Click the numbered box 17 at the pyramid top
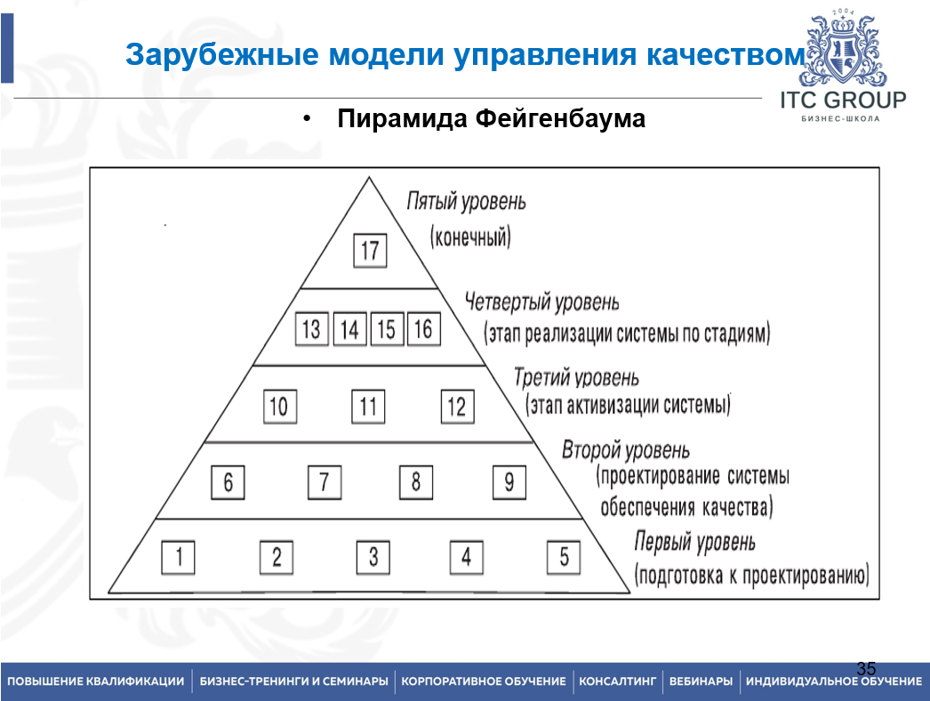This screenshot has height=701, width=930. click(370, 250)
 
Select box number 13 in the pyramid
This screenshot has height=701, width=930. click(310, 330)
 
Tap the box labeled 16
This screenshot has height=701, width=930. click(423, 330)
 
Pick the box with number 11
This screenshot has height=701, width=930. click(368, 407)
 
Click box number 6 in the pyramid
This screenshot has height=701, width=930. click(228, 483)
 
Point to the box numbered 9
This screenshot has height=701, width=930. click(509, 483)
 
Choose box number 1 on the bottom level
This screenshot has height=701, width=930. click(179, 559)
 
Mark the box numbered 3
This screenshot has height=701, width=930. click(373, 559)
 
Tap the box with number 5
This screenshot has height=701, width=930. click(564, 559)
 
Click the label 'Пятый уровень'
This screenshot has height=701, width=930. click(466, 202)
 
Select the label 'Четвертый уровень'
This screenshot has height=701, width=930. click(541, 303)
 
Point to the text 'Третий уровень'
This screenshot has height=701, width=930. click(576, 378)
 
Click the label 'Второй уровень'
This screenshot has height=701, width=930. click(626, 451)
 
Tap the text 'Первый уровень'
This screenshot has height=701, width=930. click(695, 542)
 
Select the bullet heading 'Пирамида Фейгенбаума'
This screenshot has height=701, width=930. click(491, 119)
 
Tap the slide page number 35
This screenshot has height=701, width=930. click(866, 668)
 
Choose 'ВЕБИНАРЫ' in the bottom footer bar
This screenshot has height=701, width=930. click(701, 681)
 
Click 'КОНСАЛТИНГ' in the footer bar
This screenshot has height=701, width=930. click(617, 681)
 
